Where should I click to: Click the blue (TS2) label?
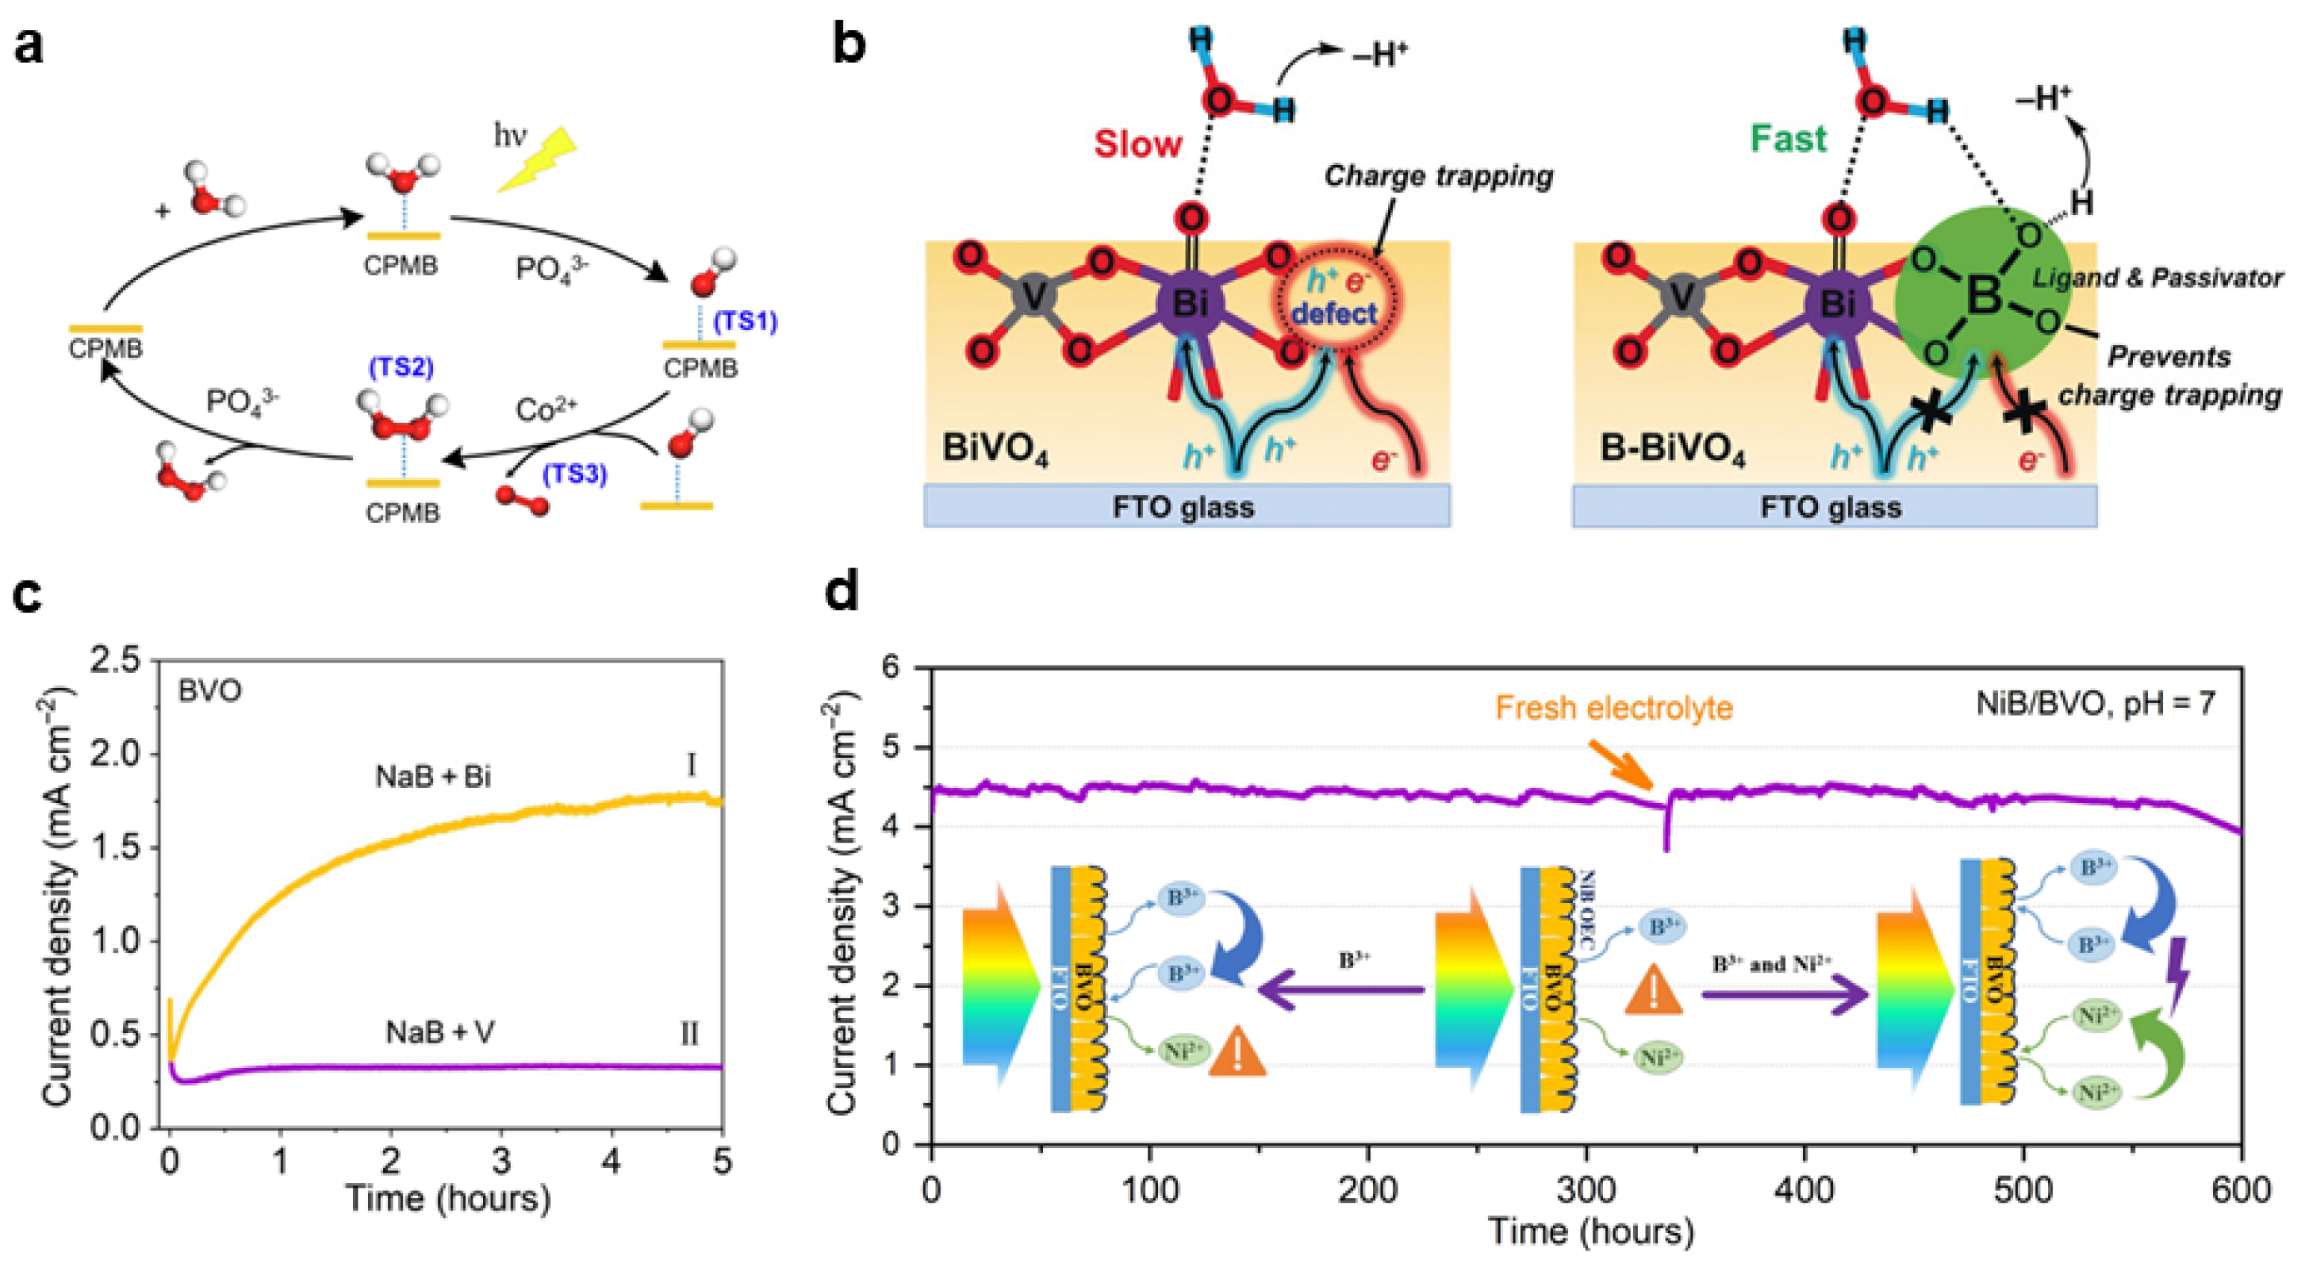[x=400, y=367]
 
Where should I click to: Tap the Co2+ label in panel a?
[x=546, y=410]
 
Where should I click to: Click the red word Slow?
[x=1137, y=143]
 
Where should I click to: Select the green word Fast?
[x=1787, y=139]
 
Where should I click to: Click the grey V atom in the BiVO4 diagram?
[x=1034, y=298]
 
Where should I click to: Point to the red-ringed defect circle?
[x=1337, y=300]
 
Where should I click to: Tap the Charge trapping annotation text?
[x=1438, y=176]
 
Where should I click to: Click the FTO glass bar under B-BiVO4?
[x=1833, y=507]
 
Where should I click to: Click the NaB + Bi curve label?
[x=432, y=776]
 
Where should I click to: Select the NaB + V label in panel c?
[x=440, y=1033]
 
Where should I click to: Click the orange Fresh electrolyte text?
[x=1614, y=707]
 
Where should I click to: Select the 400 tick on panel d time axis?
[x=1804, y=1191]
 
